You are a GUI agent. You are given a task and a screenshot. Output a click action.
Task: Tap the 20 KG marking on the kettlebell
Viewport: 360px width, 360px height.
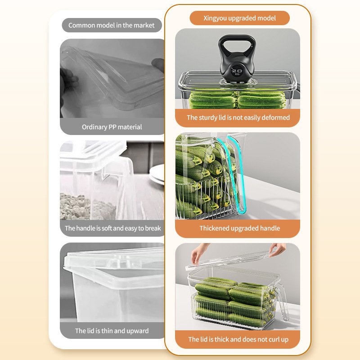[237, 72]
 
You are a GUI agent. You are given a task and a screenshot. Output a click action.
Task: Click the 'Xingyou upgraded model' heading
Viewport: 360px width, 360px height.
[239, 18]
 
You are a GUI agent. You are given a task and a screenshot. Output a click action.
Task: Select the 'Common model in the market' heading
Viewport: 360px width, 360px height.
[111, 25]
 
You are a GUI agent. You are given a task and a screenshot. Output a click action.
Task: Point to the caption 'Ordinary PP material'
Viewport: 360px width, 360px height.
[112, 127]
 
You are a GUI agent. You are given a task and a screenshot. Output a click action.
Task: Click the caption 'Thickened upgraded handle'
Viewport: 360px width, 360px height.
[239, 228]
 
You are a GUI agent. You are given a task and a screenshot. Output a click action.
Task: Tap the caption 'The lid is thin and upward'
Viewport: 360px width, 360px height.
[112, 331]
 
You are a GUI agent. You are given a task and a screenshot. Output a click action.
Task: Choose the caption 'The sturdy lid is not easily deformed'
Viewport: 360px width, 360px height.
[238, 117]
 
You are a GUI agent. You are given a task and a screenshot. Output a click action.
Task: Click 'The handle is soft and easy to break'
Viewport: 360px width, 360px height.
[113, 228]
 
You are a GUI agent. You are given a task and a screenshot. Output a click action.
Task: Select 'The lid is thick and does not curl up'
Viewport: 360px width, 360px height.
[238, 339]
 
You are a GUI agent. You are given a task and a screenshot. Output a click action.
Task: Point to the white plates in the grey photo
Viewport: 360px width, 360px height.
[157, 175]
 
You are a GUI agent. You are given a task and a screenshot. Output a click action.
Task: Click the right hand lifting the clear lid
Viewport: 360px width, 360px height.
[277, 250]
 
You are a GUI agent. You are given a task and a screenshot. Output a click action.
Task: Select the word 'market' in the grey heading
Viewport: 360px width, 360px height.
[144, 25]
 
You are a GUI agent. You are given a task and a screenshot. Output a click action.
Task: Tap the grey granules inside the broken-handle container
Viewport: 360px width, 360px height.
[87, 207]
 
